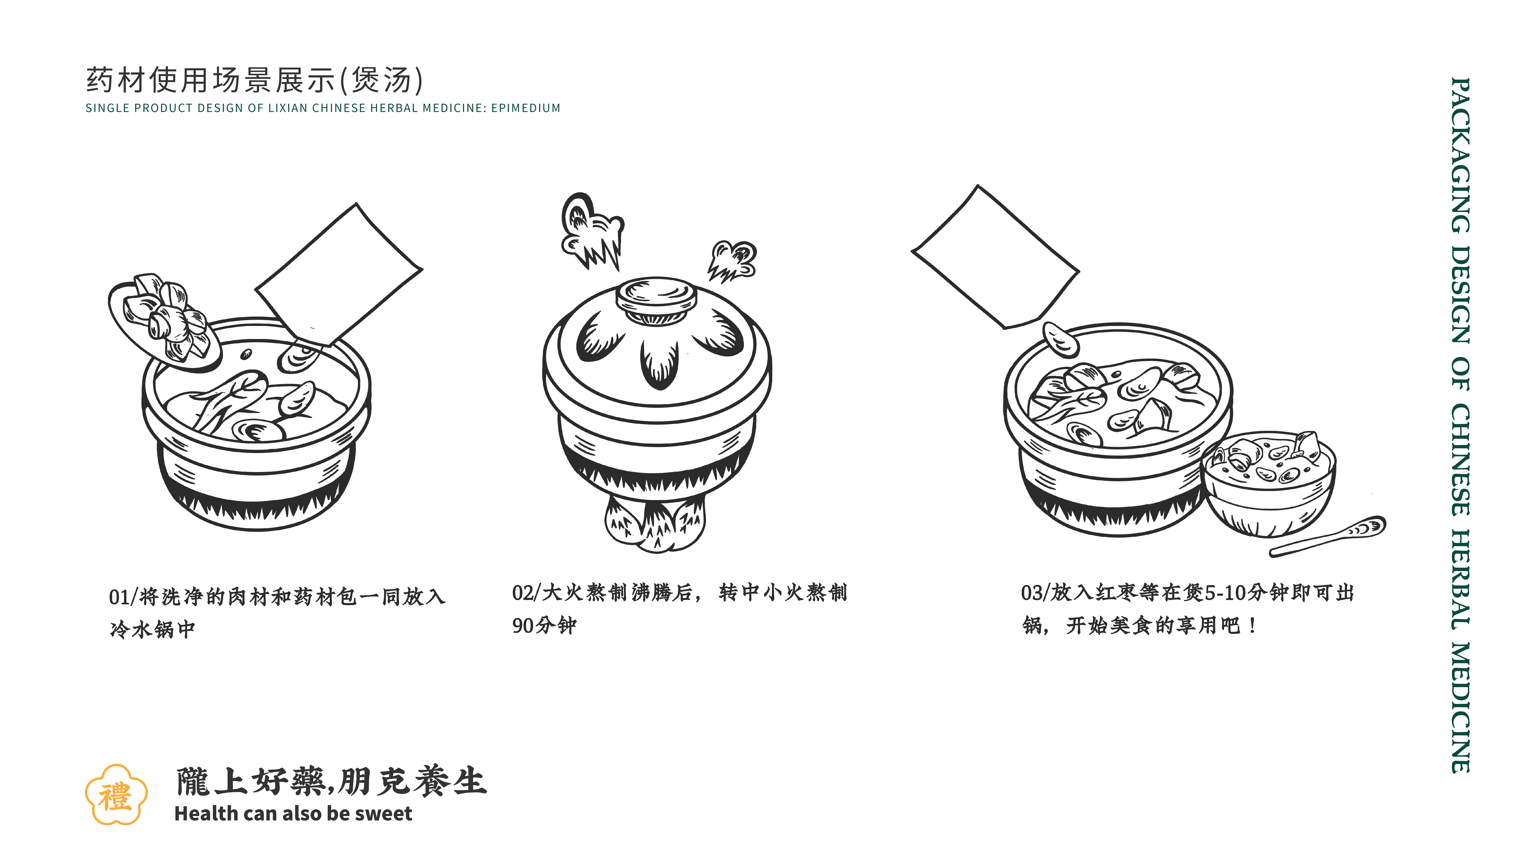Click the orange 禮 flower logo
[x=116, y=795]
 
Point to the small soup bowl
[x=1268, y=482]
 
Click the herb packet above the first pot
[x=339, y=274]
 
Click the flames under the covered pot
[x=655, y=524]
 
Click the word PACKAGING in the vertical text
[x=1460, y=155]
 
